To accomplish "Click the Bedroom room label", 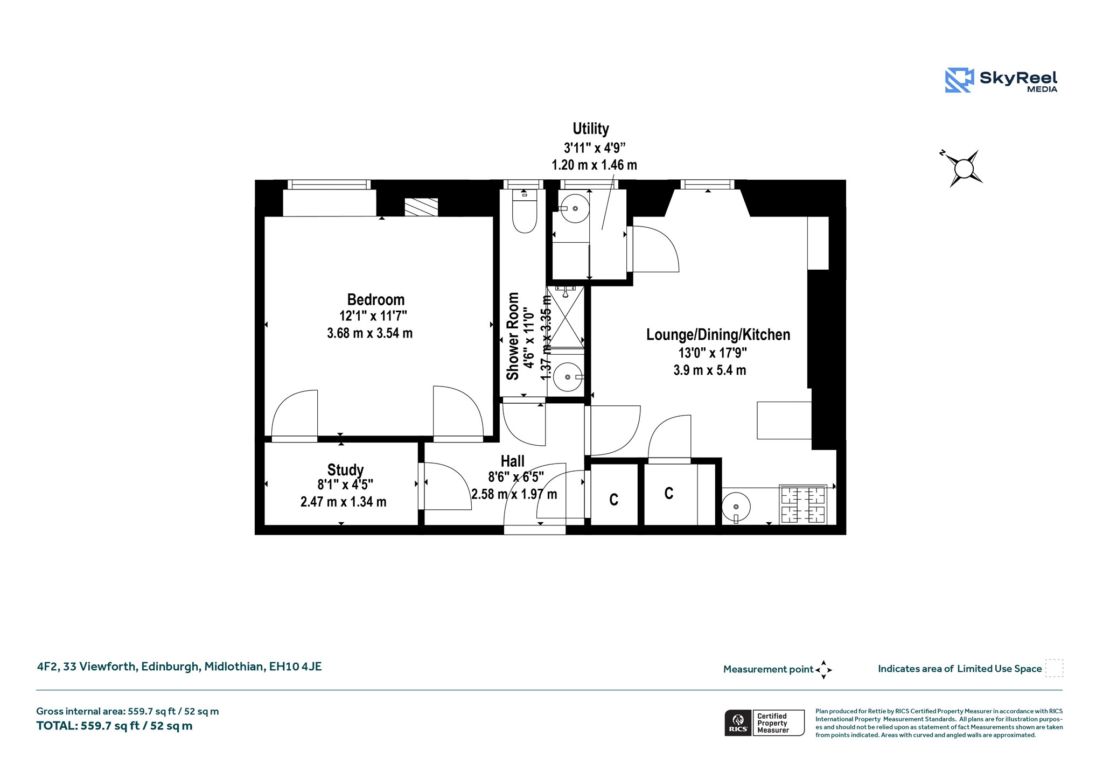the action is click(x=375, y=299).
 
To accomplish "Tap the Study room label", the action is click(x=345, y=470).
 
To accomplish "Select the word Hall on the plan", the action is click(x=512, y=461).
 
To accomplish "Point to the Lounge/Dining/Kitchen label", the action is click(x=718, y=335).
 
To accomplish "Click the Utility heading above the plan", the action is click(x=591, y=129).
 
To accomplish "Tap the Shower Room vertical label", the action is click(x=513, y=336).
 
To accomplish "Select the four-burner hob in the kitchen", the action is click(x=803, y=504).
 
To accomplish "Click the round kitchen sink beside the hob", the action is click(x=736, y=507).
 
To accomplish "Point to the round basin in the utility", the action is click(x=575, y=208).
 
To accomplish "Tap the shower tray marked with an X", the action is click(x=565, y=317).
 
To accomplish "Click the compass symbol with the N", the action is click(x=964, y=169).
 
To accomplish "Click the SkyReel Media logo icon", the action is click(x=959, y=80).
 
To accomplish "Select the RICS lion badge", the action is click(x=738, y=722).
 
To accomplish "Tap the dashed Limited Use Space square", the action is click(x=1054, y=668).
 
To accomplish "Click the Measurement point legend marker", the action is click(x=823, y=670).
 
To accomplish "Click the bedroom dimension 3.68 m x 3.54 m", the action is click(x=369, y=333).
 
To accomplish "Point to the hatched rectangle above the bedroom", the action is click(x=421, y=207).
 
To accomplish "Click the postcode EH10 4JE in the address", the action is click(x=295, y=666).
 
